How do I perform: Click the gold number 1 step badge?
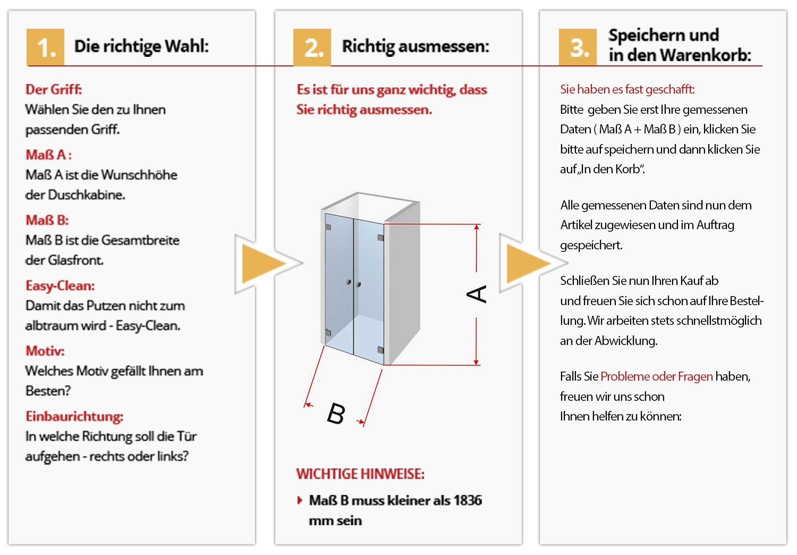[x=46, y=47]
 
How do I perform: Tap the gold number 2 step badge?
[x=312, y=47]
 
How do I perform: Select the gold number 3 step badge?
[x=578, y=47]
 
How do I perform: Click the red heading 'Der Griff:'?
[x=54, y=89]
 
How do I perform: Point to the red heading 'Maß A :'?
[x=48, y=155]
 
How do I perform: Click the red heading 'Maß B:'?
[x=47, y=220]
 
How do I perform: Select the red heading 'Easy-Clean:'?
[x=60, y=285]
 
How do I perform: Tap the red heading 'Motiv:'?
[x=45, y=351]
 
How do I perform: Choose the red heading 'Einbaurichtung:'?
[x=74, y=416]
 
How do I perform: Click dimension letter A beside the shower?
[x=477, y=294]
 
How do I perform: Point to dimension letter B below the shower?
[x=336, y=414]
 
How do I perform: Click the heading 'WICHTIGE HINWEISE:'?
[x=360, y=474]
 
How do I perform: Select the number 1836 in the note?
[x=468, y=500]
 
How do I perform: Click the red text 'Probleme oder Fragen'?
[x=657, y=376]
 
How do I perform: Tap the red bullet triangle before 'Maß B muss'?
[x=300, y=500]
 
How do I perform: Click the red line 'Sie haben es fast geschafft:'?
[x=627, y=89]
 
